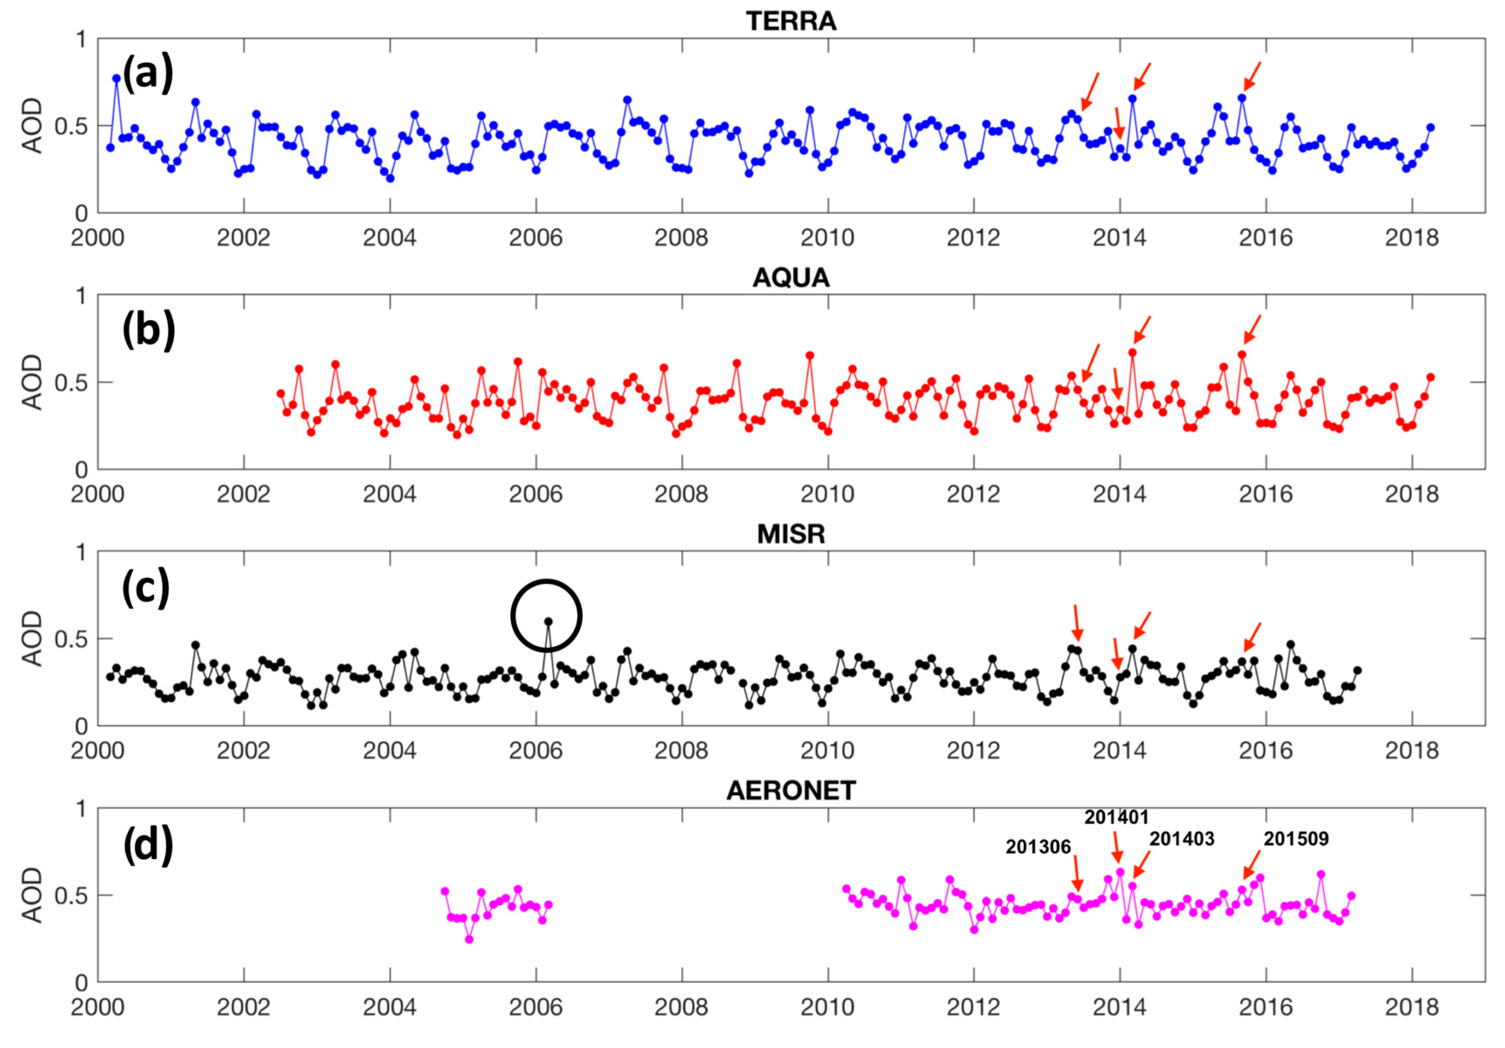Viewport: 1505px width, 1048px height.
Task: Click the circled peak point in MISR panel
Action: pos(548,621)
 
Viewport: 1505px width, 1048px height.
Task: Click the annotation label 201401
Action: pos(1116,817)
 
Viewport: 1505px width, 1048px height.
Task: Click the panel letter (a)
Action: pos(148,73)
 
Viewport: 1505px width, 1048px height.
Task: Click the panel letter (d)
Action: pos(148,844)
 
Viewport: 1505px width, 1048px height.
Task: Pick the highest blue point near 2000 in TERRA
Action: pos(117,78)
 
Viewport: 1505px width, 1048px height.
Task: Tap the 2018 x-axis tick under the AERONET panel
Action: pos(1411,1007)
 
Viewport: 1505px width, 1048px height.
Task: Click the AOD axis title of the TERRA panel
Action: pos(31,126)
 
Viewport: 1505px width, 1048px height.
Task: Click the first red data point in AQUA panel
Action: pos(281,393)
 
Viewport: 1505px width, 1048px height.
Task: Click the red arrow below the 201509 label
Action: pos(1251,864)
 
